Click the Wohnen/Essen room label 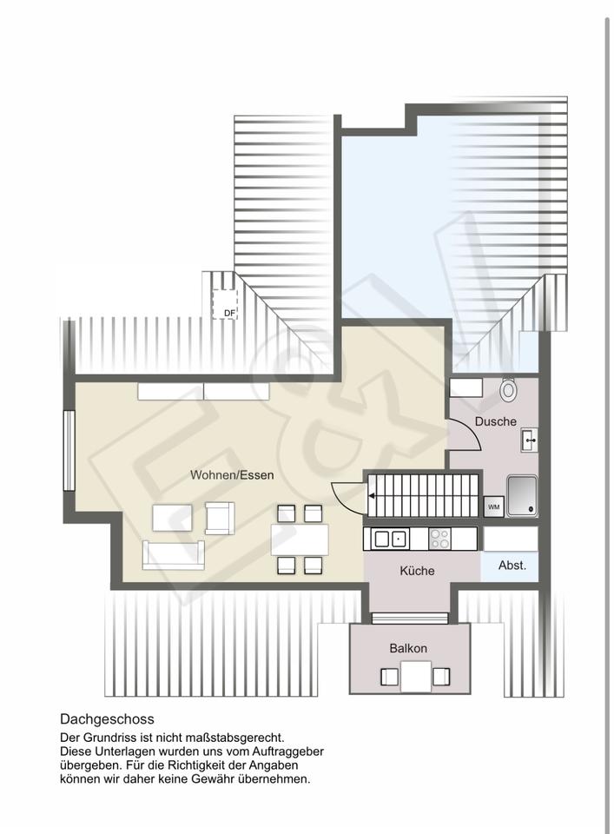(232, 475)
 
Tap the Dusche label (495, 421)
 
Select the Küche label (417, 571)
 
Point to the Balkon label (407, 648)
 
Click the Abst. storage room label (512, 566)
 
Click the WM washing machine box (494, 506)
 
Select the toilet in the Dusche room (509, 389)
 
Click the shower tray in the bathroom (522, 496)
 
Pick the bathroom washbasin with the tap (530, 440)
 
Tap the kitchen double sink (391, 539)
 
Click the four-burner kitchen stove (439, 539)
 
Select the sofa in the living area (174, 555)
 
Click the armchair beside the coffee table (220, 518)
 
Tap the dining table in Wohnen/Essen (300, 539)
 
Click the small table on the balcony (416, 676)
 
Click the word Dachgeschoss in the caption (107, 719)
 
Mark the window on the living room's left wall (69, 450)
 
